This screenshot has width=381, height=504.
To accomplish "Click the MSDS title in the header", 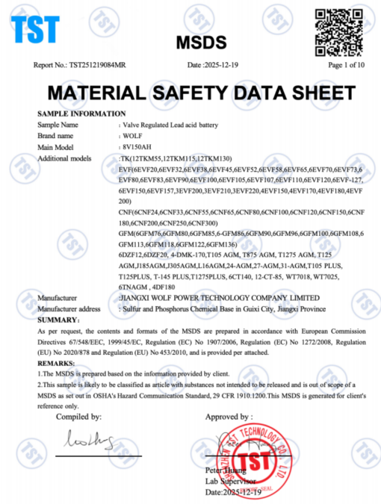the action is pyautogui.click(x=195, y=42).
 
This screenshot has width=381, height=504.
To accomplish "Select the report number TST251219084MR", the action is pyautogui.click(x=90, y=65).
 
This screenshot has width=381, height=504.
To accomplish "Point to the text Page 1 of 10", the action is pyautogui.click(x=346, y=65).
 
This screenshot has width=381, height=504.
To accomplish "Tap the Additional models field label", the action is pyautogui.click(x=64, y=159).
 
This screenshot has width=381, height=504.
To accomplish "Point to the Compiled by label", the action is pyautogui.click(x=78, y=415).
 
